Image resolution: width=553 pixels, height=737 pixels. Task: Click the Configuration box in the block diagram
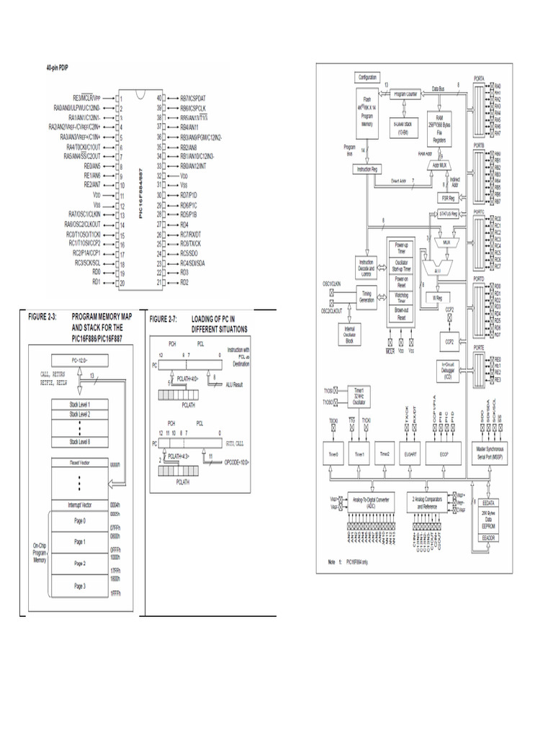click(x=367, y=77)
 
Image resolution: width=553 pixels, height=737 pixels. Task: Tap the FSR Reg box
click(x=447, y=197)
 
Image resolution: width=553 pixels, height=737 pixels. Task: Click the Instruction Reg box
click(x=366, y=168)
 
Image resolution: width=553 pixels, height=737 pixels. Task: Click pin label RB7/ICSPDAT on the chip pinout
click(x=193, y=97)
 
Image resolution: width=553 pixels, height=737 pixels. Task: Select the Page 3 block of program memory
click(x=79, y=586)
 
